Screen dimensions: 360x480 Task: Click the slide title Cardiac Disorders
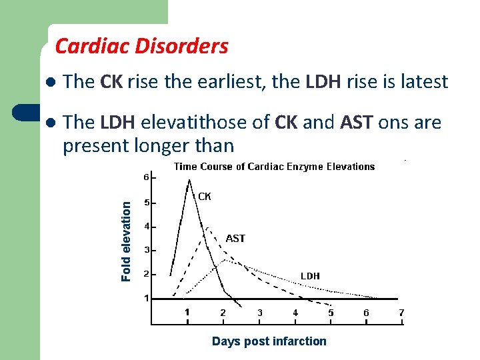coord(141,46)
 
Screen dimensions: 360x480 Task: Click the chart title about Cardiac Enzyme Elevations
coord(274,167)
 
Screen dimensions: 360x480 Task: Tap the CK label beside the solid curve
coord(205,196)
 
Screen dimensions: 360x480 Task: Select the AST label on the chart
coord(235,238)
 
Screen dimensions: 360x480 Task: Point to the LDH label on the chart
coord(310,275)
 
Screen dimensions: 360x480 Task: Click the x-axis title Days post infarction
coord(269,341)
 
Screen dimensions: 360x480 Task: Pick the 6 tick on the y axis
coord(146,178)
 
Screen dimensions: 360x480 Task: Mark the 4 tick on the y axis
coord(146,227)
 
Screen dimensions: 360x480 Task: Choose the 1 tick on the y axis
coord(146,299)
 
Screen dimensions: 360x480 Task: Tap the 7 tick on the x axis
coord(401,313)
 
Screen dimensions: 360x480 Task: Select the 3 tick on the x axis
coord(259,313)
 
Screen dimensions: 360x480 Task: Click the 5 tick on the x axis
coord(331,313)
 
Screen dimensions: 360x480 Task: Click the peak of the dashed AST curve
coord(208,228)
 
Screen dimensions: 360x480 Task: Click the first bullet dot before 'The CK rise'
coord(49,83)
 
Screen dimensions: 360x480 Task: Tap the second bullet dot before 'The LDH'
coord(49,123)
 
